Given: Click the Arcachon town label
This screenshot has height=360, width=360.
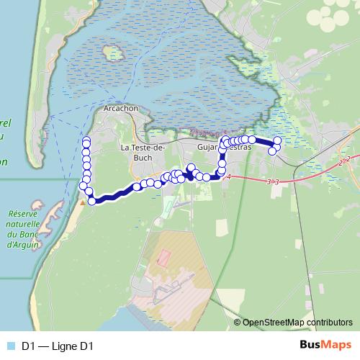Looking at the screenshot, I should click(x=121, y=109).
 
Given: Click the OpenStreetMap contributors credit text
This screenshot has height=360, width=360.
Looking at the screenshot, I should click(x=297, y=322).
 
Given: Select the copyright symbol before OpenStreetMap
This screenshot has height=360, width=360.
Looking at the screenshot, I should click(x=237, y=322).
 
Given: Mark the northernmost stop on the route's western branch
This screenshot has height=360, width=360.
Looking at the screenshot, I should click(x=86, y=140).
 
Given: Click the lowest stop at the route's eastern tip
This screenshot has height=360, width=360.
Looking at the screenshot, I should click(x=272, y=151).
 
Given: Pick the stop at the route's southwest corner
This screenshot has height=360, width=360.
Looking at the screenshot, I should click(x=91, y=201).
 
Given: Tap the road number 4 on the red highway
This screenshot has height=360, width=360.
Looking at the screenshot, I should click(x=228, y=176).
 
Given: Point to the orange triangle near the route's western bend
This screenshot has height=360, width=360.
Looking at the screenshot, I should click(x=84, y=202).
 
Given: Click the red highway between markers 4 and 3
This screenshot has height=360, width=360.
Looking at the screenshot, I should click(x=248, y=179).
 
